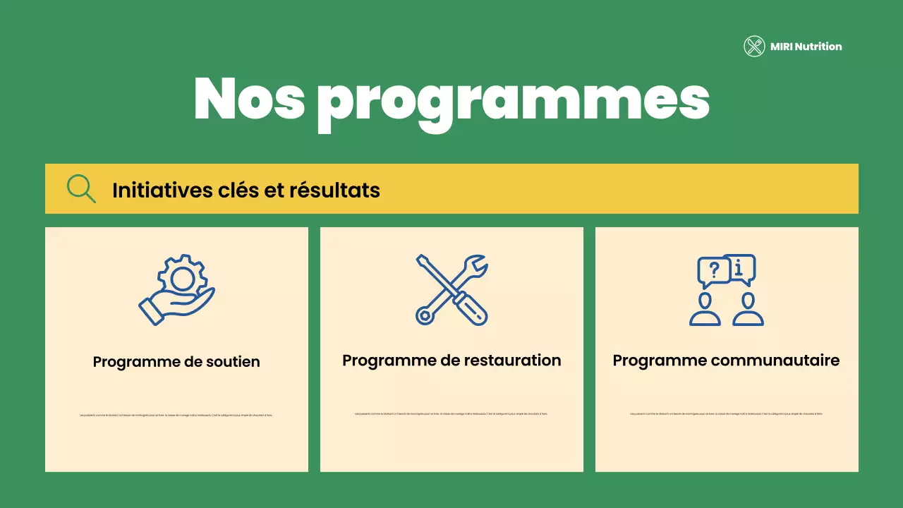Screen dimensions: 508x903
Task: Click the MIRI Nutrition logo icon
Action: (x=754, y=47)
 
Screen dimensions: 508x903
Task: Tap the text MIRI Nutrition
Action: (x=806, y=47)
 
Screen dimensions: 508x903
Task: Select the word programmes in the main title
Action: (x=513, y=102)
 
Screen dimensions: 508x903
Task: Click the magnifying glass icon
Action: (x=81, y=188)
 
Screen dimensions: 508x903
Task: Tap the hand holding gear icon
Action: (x=176, y=290)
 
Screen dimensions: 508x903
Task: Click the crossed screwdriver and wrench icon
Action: (x=451, y=289)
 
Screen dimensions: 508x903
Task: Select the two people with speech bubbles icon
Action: (x=727, y=290)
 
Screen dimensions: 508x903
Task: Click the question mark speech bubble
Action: (x=713, y=271)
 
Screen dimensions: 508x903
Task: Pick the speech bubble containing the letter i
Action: (x=739, y=268)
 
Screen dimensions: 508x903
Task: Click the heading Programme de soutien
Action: (x=176, y=362)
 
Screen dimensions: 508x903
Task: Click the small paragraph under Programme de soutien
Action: (x=176, y=415)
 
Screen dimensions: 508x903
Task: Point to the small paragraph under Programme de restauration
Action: (x=451, y=413)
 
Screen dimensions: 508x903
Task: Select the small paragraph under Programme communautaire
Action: (x=727, y=413)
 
